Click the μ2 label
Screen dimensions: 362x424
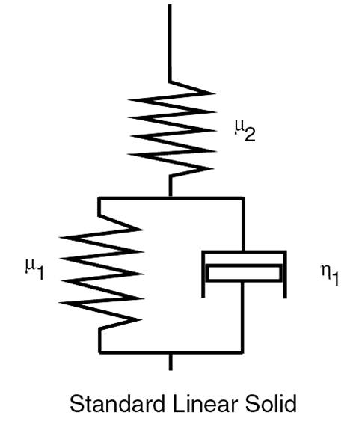[245, 131]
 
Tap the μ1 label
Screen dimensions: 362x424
[34, 269]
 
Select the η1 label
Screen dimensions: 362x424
[330, 275]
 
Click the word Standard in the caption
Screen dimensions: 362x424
[117, 404]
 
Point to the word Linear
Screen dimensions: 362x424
[205, 404]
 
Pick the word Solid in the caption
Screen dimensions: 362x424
[271, 404]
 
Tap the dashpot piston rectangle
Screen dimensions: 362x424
[244, 273]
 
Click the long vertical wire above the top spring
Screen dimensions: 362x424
[170, 43]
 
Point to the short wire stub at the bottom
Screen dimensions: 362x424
[171, 362]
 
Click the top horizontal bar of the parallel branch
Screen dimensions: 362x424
[171, 198]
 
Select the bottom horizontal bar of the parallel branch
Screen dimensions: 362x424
[171, 353]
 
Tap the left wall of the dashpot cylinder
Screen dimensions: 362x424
[203, 274]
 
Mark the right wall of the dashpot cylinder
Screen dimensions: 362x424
[285, 274]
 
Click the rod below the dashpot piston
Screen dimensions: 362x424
[242, 316]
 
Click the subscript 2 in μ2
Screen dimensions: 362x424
[250, 135]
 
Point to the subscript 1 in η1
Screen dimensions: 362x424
[335, 279]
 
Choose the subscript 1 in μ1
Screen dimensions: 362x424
[40, 273]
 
